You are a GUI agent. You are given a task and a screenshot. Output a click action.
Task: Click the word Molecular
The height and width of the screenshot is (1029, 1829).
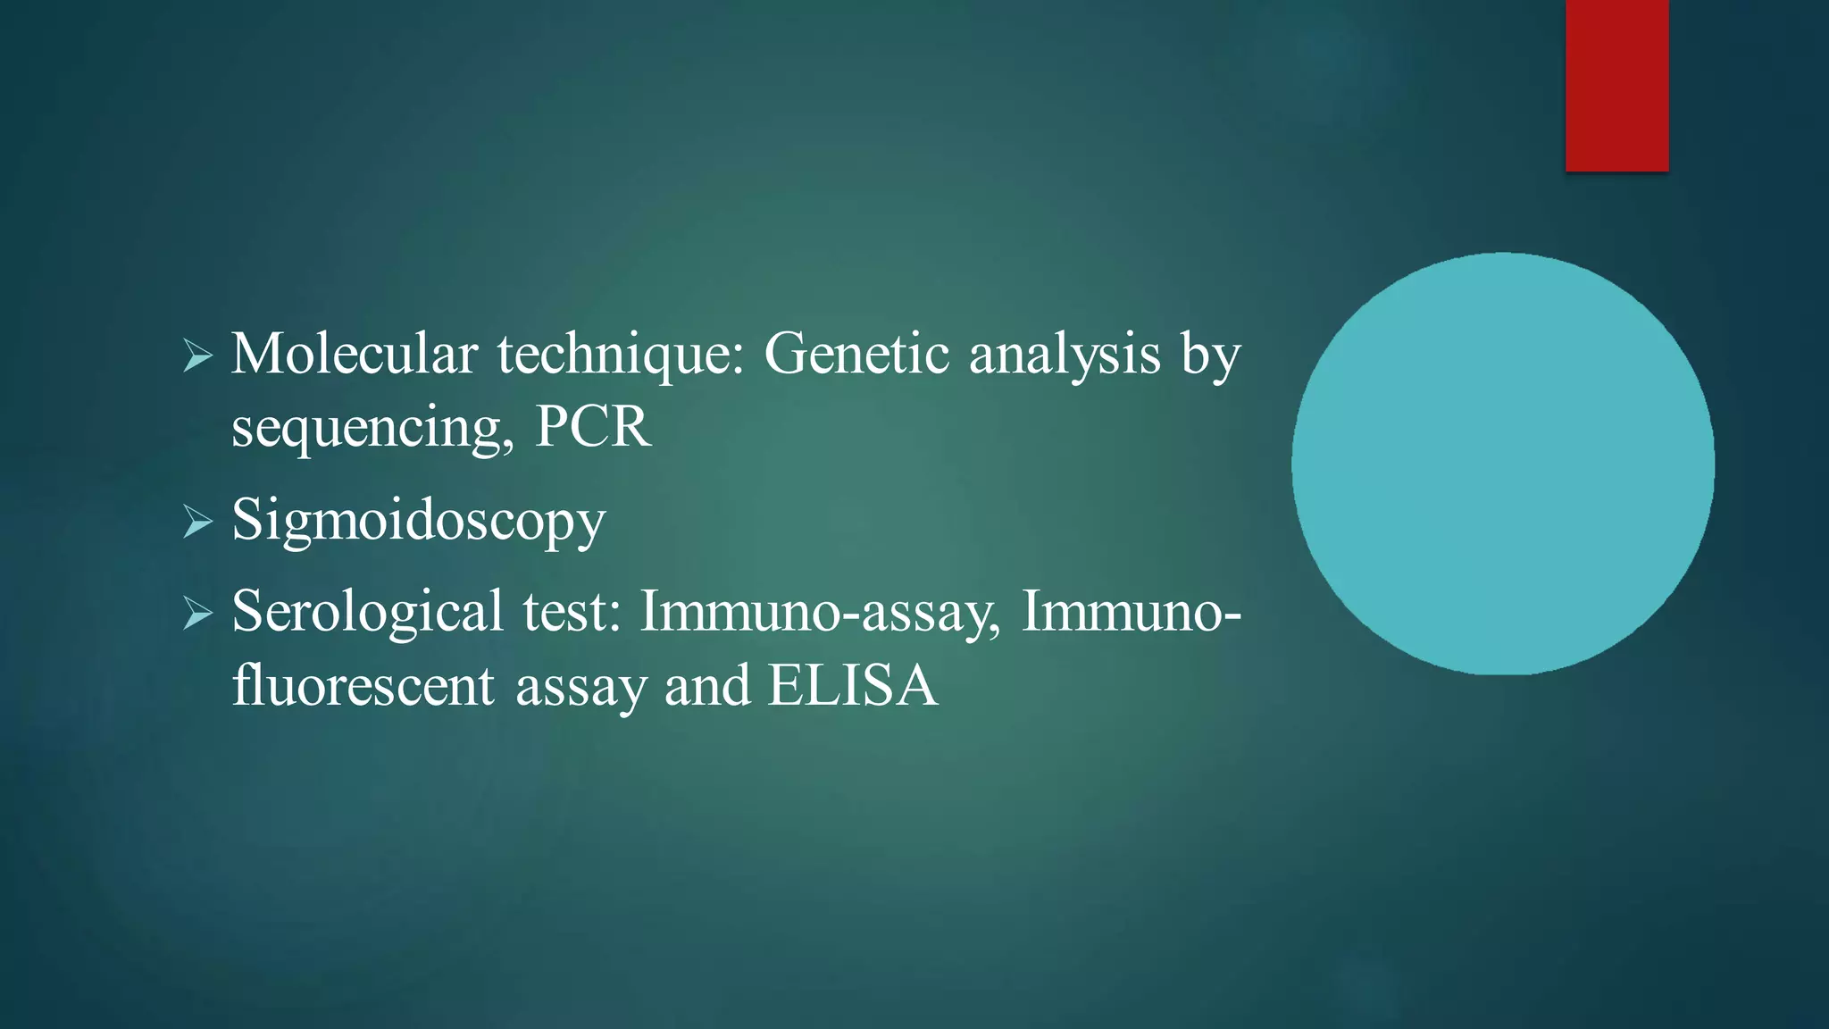coord(354,354)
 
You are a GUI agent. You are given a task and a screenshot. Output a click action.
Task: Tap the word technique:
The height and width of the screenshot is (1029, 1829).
coord(620,356)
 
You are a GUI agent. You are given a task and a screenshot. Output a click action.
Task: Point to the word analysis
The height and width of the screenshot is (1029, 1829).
coord(1065,356)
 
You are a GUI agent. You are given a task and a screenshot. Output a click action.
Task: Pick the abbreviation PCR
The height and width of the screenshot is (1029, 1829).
coord(593,427)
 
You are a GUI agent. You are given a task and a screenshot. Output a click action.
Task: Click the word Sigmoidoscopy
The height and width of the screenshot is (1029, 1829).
coord(418,522)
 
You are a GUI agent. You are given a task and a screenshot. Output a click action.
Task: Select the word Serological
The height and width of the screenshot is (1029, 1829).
coord(367,613)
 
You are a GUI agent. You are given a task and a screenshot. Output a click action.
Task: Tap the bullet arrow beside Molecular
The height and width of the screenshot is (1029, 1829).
coord(197,356)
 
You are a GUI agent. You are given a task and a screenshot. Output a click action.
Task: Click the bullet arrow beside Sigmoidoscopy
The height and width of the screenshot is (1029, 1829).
coord(197,522)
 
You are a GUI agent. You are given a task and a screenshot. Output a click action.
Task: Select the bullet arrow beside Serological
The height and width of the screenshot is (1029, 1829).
coord(197,615)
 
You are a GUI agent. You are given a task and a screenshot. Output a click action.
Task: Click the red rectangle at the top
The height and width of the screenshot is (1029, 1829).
coord(1616,85)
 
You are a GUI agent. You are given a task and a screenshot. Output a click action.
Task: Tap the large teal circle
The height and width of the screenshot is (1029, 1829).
coord(1502,463)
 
